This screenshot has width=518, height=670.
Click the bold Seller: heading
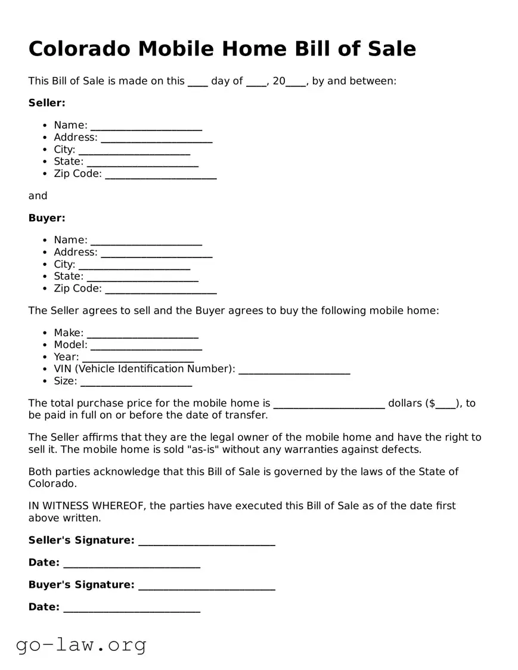pyautogui.click(x=46, y=103)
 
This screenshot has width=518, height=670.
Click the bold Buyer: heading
pyautogui.click(x=46, y=218)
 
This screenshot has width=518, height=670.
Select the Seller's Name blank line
pyautogui.click(x=146, y=126)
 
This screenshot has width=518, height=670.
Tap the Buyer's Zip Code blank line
pyautogui.click(x=160, y=290)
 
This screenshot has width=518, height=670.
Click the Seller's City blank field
pyautogui.click(x=134, y=151)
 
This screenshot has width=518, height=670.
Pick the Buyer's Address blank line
pyautogui.click(x=156, y=253)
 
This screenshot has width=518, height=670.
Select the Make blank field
pyautogui.click(x=142, y=334)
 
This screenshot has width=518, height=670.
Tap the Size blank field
pyautogui.click(x=136, y=382)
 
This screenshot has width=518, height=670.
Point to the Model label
pyautogui.click(x=70, y=345)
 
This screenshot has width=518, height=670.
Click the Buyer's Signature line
pyautogui.click(x=206, y=586)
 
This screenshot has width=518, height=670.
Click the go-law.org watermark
pyautogui.click(x=81, y=644)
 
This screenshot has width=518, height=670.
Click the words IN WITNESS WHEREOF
pyautogui.click(x=86, y=506)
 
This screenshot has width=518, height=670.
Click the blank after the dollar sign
pyautogui.click(x=445, y=405)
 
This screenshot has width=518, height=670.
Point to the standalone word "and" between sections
pyautogui.click(x=38, y=196)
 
